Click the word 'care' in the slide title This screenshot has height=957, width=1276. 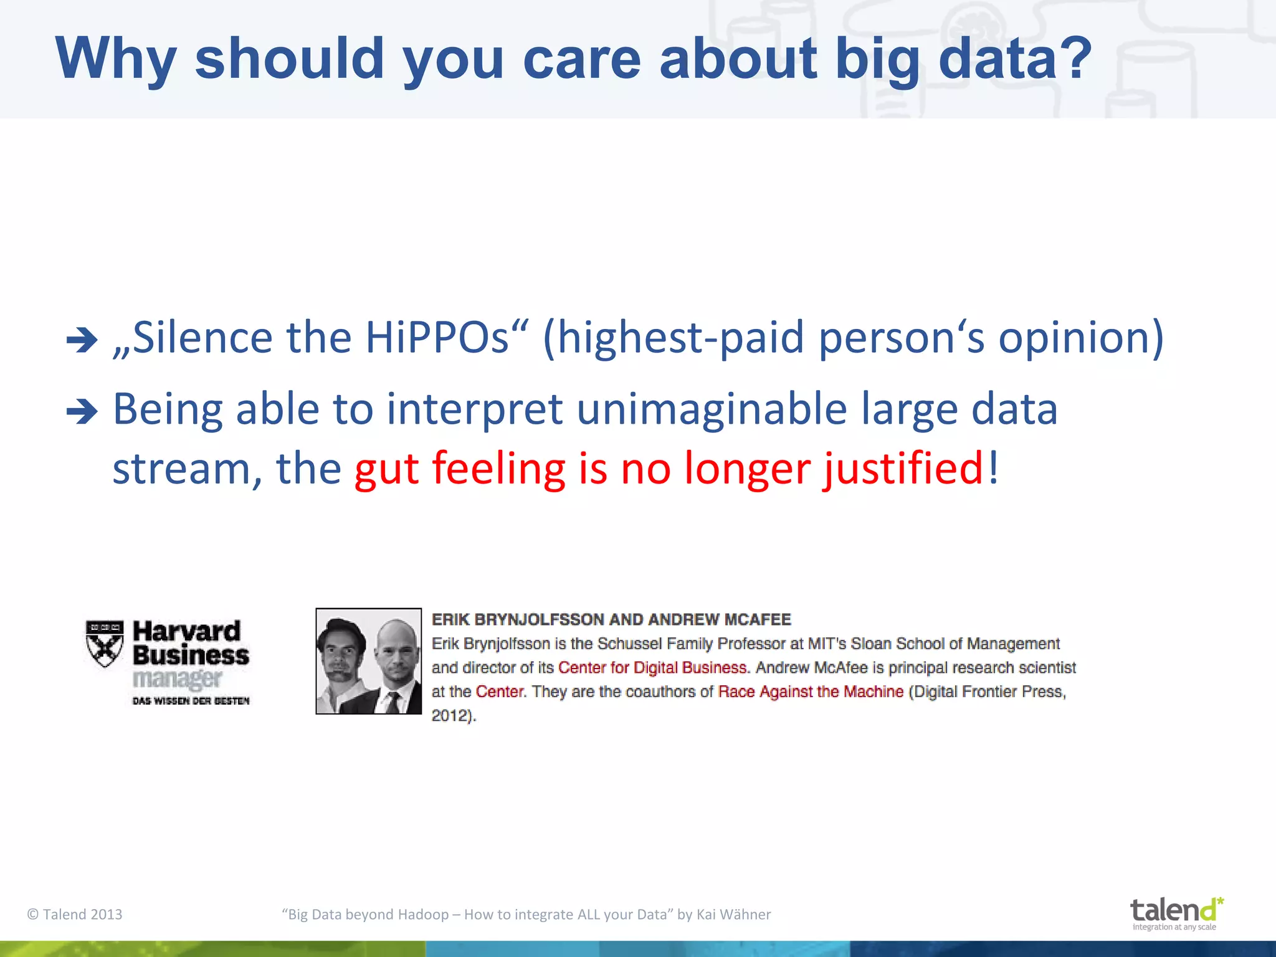581,59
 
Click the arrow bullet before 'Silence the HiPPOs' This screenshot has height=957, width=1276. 82,340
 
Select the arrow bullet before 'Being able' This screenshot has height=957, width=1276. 82,412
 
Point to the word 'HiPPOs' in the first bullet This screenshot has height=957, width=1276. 437,338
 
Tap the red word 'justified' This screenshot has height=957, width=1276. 904,469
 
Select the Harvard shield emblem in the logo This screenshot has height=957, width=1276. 104,644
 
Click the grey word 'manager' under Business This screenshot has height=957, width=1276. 177,679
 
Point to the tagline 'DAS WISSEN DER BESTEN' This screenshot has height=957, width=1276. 191,701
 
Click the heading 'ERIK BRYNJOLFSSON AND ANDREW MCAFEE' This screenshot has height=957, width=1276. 611,619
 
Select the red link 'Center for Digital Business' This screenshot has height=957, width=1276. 652,667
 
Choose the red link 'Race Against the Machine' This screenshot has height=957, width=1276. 810,692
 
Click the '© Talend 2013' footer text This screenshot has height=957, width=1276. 75,914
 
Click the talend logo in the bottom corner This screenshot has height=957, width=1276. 1175,913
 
